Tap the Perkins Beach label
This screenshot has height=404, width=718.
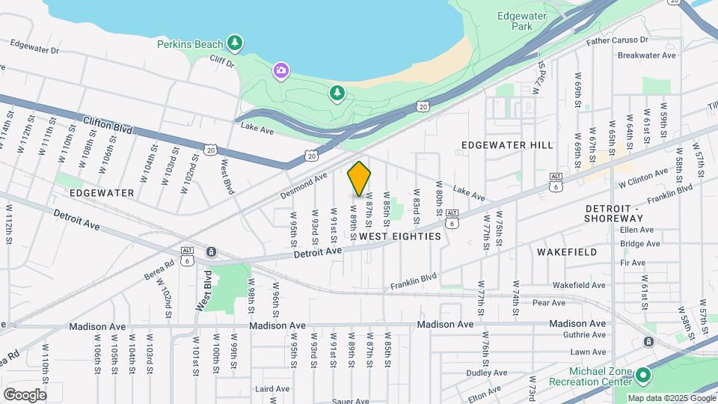point(190,44)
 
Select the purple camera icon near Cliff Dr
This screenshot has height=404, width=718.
point(281,70)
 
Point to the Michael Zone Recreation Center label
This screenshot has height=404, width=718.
point(590,377)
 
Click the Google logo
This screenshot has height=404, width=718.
point(25,394)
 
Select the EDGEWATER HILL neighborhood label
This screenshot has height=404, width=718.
point(508,144)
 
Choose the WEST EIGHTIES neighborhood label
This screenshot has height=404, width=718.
point(400,236)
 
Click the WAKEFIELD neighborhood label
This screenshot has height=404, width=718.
point(567,252)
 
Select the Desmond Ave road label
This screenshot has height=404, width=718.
point(304,186)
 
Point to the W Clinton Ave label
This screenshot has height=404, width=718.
point(642,179)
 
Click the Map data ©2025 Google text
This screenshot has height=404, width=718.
point(672,398)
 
